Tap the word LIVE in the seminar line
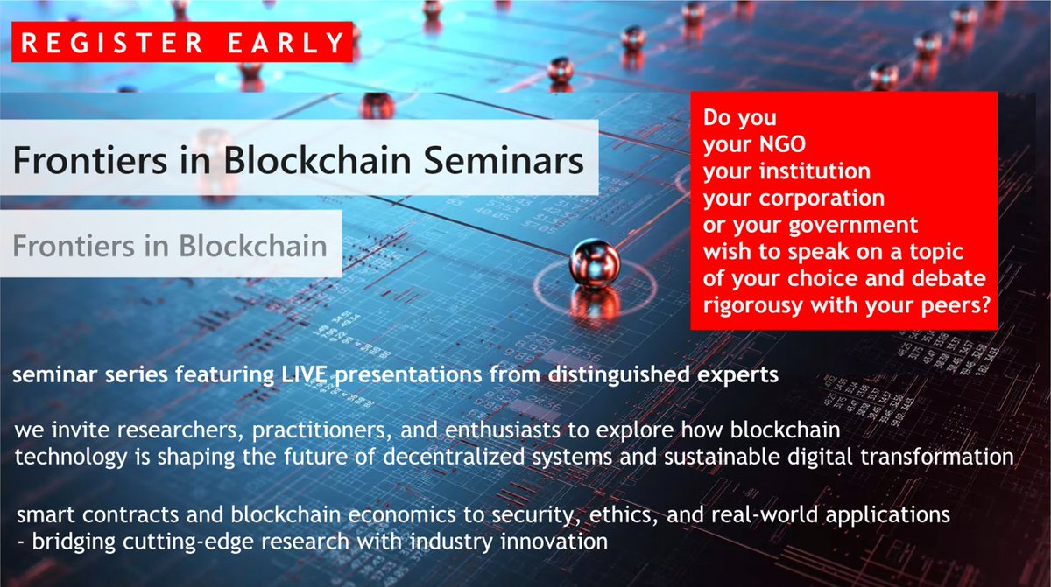pyautogui.click(x=292, y=378)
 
